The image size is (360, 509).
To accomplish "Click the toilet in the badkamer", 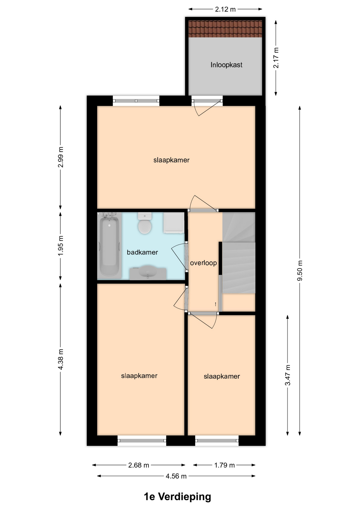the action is pos(145,223).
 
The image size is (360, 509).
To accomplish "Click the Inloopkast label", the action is pos(226,65).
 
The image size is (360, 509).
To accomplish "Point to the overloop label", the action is pos(203,263).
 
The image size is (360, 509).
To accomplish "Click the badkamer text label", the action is pos(142,252).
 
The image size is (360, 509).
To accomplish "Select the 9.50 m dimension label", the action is pos(300,271).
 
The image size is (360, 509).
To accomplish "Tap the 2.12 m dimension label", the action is pos(225,10).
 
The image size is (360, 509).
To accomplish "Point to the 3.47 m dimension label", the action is pos(288,375).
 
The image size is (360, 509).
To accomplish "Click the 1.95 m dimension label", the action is pos(61,246).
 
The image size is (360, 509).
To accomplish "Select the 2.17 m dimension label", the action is pos(276,58).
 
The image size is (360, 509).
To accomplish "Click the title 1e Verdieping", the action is pos(177,497).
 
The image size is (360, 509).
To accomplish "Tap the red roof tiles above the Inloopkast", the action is pos(225,29).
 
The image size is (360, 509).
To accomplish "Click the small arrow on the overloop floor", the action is pos(216,304).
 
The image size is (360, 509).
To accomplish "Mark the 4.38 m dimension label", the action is pos(61,359).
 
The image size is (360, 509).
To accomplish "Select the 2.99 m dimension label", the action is pos(61,157).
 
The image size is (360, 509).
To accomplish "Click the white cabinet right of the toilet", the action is pos(174,223).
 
